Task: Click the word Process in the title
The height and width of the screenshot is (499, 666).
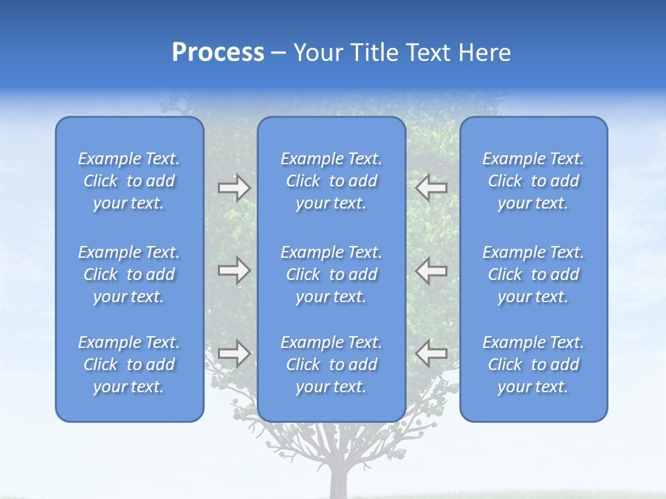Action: [x=218, y=53]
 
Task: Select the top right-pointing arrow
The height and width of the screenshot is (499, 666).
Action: [x=234, y=188]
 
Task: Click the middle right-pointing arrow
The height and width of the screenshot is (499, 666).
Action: [x=234, y=270]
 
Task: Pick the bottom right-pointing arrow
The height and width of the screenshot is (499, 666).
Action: [x=234, y=353]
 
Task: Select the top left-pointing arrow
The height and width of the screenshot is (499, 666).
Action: [x=432, y=188]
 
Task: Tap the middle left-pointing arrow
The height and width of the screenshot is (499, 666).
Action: [x=432, y=270]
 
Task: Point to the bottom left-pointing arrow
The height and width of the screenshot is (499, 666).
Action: [x=432, y=353]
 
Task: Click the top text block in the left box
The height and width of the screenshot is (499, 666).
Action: [x=129, y=181]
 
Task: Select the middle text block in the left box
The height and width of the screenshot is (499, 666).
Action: [x=129, y=274]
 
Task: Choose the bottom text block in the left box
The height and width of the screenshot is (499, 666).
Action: [x=129, y=365]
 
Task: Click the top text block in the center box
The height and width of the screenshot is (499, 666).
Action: [x=331, y=181]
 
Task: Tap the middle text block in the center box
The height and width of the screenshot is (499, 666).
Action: [x=331, y=274]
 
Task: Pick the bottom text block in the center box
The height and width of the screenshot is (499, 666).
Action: [x=331, y=365]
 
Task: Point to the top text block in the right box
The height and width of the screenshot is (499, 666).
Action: [x=533, y=181]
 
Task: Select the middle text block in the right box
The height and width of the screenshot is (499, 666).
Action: [x=533, y=274]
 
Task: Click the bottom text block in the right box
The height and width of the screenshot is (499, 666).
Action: [x=533, y=365]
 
